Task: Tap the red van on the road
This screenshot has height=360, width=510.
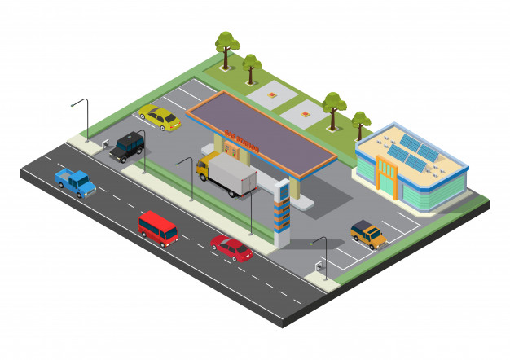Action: point(158,228)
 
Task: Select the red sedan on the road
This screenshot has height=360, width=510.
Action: point(231,248)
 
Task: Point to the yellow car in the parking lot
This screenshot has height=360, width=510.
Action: point(160,118)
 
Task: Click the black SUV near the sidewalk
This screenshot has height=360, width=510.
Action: point(128,147)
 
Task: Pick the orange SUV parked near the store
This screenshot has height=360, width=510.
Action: point(368,235)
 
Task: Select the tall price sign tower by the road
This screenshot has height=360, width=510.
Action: point(281,213)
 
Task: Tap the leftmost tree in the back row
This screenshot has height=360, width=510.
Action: point(226,45)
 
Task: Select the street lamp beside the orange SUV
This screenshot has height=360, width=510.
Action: point(322,252)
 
